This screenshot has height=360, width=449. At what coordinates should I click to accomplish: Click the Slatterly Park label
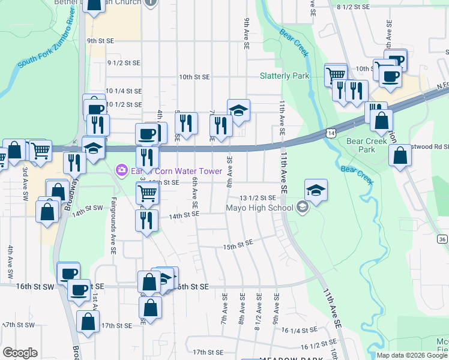click(x=285, y=76)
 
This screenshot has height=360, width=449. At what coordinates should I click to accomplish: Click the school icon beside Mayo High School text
click(x=302, y=208)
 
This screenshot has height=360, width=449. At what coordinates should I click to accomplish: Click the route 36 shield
click(x=442, y=239)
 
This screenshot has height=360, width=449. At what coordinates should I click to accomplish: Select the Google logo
click(x=20, y=353)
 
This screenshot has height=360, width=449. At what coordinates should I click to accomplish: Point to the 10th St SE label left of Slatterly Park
click(x=194, y=77)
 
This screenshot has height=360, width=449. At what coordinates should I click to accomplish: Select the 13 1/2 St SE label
click(x=258, y=197)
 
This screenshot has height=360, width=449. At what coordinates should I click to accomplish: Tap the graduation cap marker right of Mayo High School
click(x=316, y=190)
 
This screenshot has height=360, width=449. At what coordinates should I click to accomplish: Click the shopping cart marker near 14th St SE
click(x=147, y=193)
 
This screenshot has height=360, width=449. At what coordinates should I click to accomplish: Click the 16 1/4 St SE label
click(x=299, y=331)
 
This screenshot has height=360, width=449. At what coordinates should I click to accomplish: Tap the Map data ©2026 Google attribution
click(x=412, y=355)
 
